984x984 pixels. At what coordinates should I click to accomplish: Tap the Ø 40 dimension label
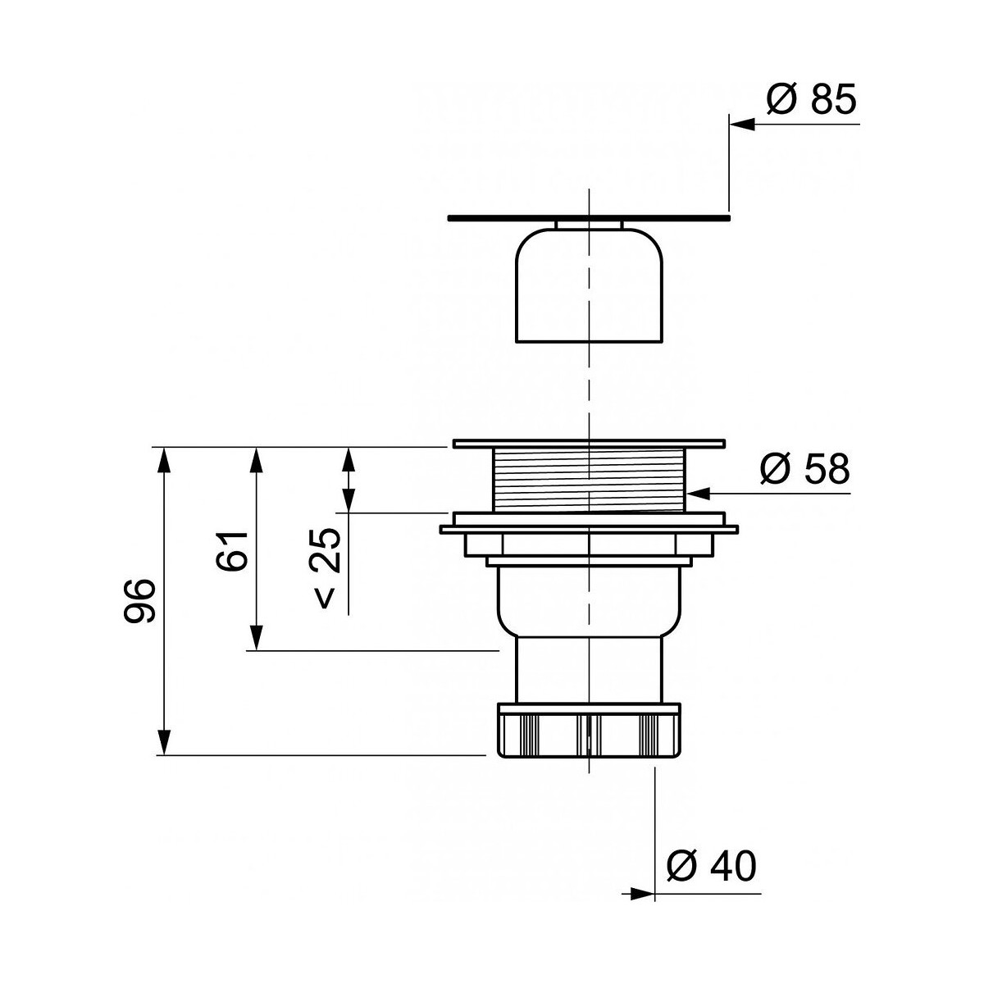[x=711, y=866]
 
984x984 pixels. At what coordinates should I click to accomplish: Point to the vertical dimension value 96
[x=139, y=600]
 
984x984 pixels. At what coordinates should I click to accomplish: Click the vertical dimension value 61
[x=232, y=551]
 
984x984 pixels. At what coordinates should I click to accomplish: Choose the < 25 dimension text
[x=326, y=567]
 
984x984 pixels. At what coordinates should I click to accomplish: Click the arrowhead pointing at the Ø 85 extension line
[x=742, y=124]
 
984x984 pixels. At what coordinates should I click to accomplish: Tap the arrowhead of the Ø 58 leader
[x=699, y=494]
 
